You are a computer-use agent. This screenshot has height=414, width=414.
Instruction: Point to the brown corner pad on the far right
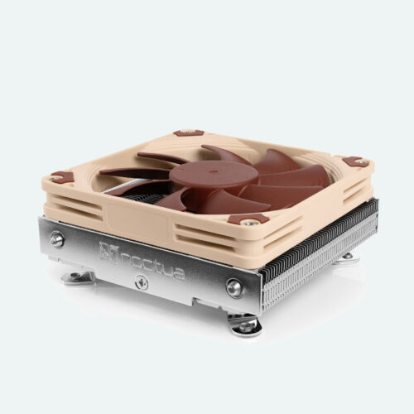(x=354, y=161)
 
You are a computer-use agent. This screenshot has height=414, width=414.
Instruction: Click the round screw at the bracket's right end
(x=234, y=287)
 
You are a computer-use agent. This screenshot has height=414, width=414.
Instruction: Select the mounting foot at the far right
(x=349, y=257)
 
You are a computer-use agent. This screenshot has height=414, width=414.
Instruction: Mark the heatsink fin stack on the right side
(x=319, y=248)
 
